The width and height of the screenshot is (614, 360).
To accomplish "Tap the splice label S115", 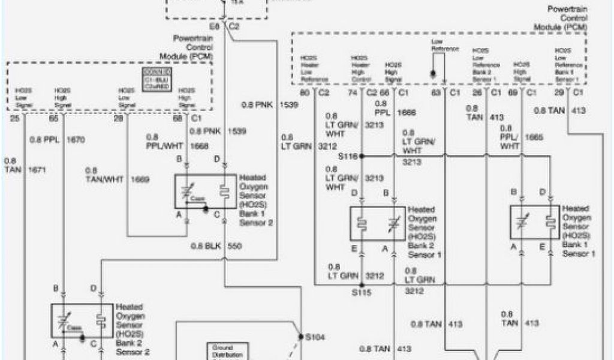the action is click(x=361, y=293).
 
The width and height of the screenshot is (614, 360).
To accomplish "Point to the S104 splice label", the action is click(x=315, y=337).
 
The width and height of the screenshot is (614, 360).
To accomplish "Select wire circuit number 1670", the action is click(x=76, y=140).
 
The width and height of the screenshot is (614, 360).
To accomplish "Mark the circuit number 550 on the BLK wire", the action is click(x=235, y=247).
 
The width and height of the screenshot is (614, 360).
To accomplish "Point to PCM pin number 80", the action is click(x=305, y=93).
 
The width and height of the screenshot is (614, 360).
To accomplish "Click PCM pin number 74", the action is click(x=353, y=93).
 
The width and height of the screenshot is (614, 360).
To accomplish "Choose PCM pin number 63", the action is click(x=437, y=93).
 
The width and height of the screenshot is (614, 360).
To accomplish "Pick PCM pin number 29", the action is click(x=559, y=93).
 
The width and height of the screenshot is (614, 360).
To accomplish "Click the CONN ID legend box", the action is click(x=155, y=77).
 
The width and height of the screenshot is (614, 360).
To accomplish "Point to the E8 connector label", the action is click(x=214, y=27).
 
